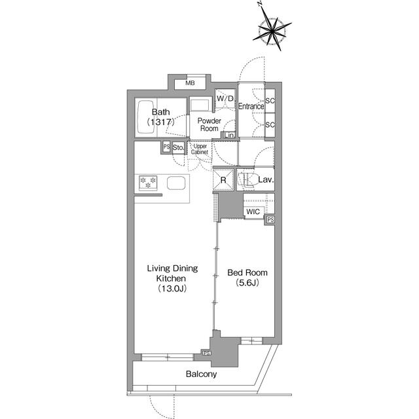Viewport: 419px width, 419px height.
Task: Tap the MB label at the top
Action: click(x=190, y=83)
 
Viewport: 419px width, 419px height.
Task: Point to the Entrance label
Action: click(x=250, y=107)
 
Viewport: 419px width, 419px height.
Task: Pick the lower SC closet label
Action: click(x=270, y=124)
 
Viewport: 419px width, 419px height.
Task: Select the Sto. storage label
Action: click(x=179, y=149)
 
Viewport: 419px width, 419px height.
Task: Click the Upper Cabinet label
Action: click(x=200, y=149)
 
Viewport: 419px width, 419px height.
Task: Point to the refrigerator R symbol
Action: click(x=223, y=179)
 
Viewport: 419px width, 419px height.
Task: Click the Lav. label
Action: click(x=265, y=179)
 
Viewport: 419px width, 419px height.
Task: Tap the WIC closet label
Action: click(x=253, y=211)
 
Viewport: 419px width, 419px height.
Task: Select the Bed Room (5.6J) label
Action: click(x=247, y=278)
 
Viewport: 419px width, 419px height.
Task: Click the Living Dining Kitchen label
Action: click(x=172, y=278)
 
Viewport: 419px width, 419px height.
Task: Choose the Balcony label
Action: click(x=201, y=374)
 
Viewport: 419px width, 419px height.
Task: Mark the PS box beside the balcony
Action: click(x=206, y=354)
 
